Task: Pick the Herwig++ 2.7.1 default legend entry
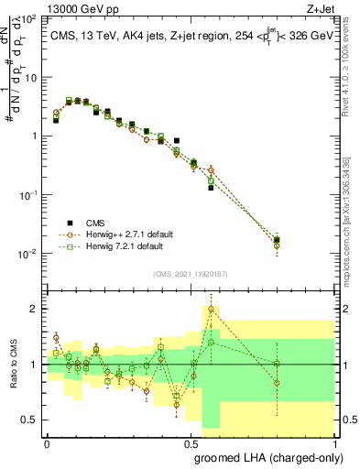(125, 234)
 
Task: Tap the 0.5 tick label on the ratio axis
(31, 420)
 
